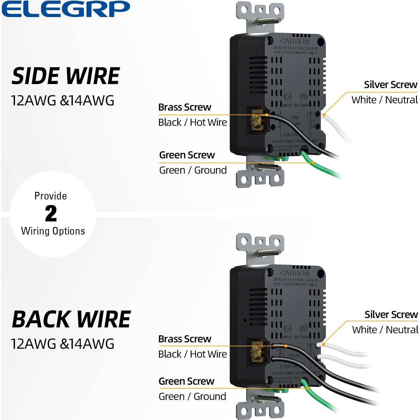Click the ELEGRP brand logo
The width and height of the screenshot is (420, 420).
tap(65, 9)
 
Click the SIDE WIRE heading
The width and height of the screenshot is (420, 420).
tap(65, 76)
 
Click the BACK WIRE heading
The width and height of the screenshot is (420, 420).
tap(71, 319)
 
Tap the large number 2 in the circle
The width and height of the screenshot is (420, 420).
tap(51, 214)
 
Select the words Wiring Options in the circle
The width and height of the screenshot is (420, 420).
tap(53, 231)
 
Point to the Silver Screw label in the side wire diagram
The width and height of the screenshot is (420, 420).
tap(390, 85)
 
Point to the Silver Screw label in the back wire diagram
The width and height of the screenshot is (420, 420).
tap(391, 315)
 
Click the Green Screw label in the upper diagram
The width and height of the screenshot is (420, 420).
tap(187, 155)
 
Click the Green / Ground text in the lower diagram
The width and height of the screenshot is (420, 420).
tap(192, 397)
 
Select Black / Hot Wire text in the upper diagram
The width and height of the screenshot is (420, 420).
tap(192, 122)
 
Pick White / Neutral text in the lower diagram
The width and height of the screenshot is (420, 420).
tap(385, 330)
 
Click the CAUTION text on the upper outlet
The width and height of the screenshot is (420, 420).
tap(295, 41)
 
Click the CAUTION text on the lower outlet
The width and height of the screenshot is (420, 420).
tap(295, 273)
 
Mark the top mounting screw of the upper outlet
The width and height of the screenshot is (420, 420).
tap(268, 21)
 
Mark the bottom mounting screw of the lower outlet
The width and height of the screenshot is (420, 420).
tap(268, 399)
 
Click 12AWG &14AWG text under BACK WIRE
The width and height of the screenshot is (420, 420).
tap(62, 344)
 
